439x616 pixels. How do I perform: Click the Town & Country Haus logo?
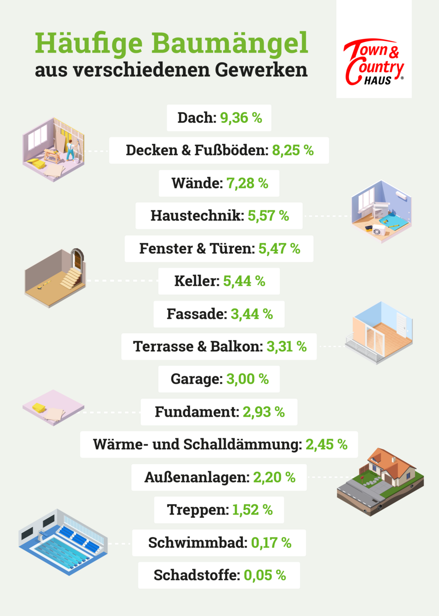pyautogui.click(x=374, y=63)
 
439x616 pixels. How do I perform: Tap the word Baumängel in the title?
pyautogui.click(x=230, y=43)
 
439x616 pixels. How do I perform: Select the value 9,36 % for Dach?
pyautogui.click(x=241, y=118)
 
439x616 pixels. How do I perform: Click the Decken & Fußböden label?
pyautogui.click(x=197, y=150)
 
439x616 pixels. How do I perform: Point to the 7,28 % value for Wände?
pyautogui.click(x=247, y=183)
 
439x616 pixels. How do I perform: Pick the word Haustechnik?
pyautogui.click(x=197, y=216)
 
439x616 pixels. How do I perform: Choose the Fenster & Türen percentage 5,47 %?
pyautogui.click(x=279, y=249)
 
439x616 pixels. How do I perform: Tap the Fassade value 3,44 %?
pyautogui.click(x=252, y=314)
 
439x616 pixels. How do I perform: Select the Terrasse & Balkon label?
pyautogui.click(x=198, y=346)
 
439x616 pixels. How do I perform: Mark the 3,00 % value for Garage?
pyautogui.click(x=247, y=379)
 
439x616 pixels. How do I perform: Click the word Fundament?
pyautogui.click(x=197, y=412)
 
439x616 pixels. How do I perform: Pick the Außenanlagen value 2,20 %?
pyautogui.click(x=274, y=478)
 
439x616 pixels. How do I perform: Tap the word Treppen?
pyautogui.click(x=198, y=510)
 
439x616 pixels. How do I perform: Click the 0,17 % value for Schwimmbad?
pyautogui.click(x=271, y=543)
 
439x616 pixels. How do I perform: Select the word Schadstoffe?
pyautogui.click(x=197, y=575)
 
